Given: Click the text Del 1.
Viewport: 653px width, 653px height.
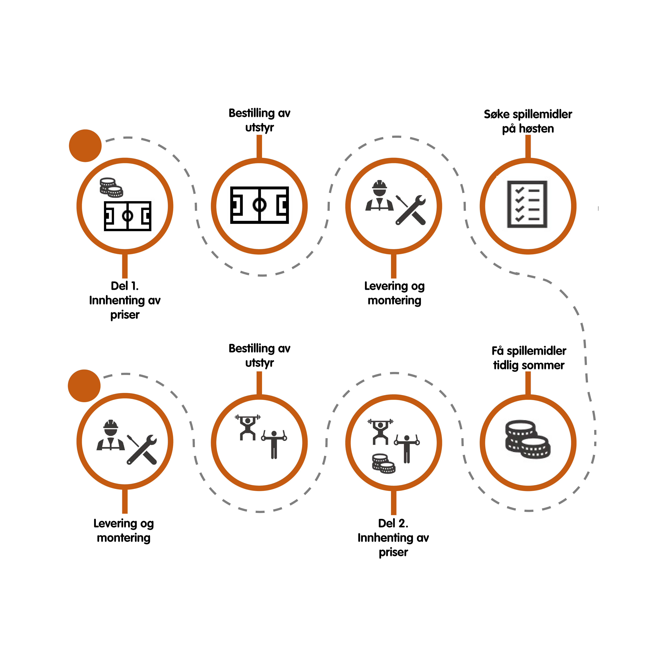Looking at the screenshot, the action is click(125, 286).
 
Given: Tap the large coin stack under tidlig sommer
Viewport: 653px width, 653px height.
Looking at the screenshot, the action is click(528, 439).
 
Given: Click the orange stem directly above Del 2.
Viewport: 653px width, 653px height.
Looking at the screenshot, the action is click(393, 503).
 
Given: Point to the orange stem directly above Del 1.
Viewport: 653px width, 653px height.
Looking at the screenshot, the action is click(125, 266).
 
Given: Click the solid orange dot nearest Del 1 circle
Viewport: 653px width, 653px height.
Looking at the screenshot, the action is click(85, 146).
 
